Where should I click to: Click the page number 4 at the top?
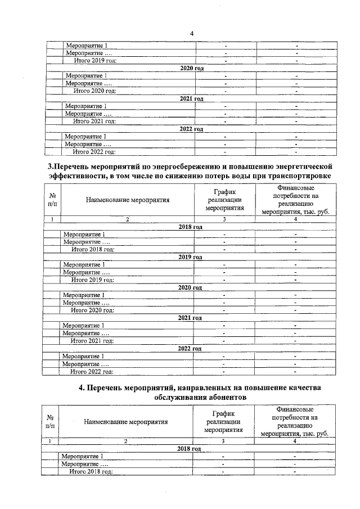[192, 33]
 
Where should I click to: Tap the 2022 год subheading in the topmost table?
[191, 129]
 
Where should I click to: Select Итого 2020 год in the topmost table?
[94, 91]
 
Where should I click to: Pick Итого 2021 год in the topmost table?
[94, 121]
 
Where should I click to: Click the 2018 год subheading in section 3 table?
[190, 227]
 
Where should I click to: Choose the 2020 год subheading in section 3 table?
[190, 287]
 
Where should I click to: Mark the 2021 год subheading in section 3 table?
[190, 318]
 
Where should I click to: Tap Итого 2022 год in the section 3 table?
[92, 371]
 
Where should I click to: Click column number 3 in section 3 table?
[224, 219]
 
